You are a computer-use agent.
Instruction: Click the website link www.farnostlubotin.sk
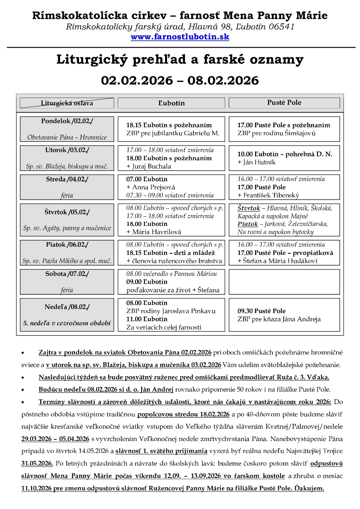[x=180, y=37]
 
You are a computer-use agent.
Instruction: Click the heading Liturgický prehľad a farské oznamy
[x=180, y=60]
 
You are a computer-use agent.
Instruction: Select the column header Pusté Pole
[x=284, y=103]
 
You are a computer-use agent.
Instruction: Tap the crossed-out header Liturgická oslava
[x=67, y=103]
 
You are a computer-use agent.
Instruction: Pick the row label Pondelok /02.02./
[x=67, y=121]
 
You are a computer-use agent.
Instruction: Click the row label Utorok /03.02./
[x=67, y=150]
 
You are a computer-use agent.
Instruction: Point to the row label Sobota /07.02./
[x=67, y=274]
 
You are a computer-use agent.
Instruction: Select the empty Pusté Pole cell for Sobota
[x=284, y=282]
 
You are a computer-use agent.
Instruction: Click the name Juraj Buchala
[x=149, y=166]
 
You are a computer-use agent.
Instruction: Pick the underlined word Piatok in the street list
[x=247, y=224]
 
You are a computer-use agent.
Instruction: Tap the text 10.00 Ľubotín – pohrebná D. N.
[x=284, y=154]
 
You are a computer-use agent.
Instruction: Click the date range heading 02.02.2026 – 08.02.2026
[x=180, y=80]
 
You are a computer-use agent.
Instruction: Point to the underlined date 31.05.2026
[x=37, y=464]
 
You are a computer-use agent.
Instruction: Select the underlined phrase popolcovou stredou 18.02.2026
[x=183, y=414]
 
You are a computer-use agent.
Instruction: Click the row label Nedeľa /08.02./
[x=67, y=307]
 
